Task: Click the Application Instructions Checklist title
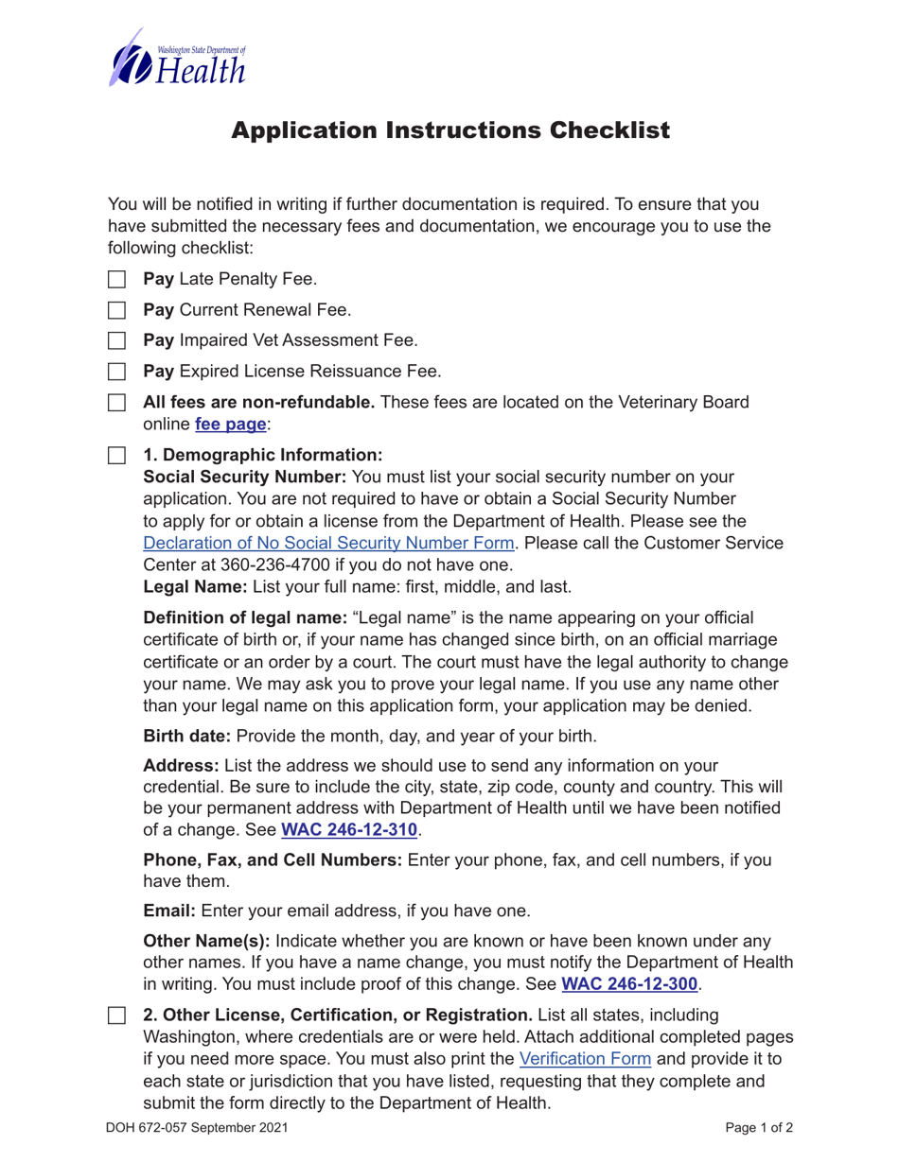pyautogui.click(x=450, y=130)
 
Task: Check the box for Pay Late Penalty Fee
pyautogui.click(x=115, y=279)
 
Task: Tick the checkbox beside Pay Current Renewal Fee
pyautogui.click(x=115, y=309)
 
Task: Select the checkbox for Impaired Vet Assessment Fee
pyautogui.click(x=115, y=340)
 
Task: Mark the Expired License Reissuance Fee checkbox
pyautogui.click(x=115, y=371)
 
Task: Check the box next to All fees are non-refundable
pyautogui.click(x=115, y=402)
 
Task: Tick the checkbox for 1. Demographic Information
pyautogui.click(x=115, y=455)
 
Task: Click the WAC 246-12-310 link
pyautogui.click(x=349, y=830)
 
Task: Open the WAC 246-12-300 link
pyautogui.click(x=630, y=984)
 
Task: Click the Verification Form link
pyautogui.click(x=586, y=1058)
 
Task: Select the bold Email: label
pyautogui.click(x=169, y=911)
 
